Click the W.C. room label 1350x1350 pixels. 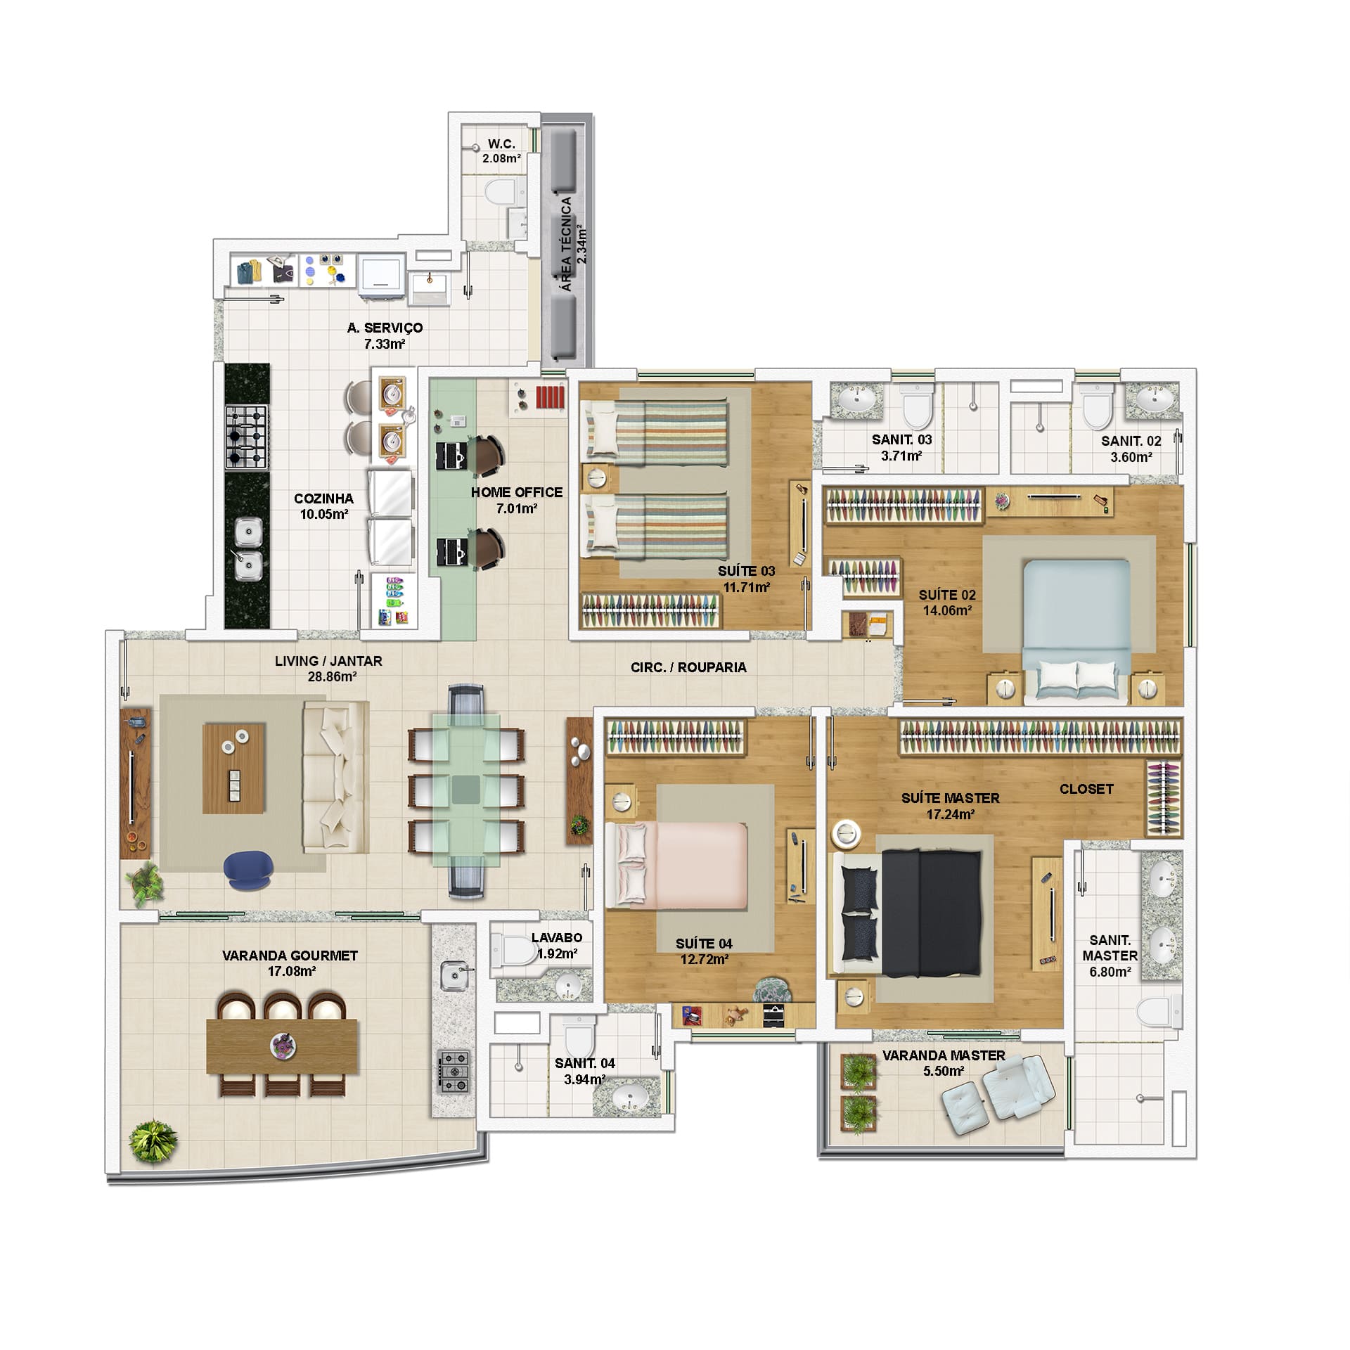point(501,144)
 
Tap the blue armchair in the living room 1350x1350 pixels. point(247,870)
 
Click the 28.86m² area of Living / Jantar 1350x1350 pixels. point(328,676)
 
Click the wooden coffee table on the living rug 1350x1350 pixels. point(234,769)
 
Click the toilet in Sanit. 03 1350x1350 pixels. point(915,404)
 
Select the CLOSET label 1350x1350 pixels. point(1086,789)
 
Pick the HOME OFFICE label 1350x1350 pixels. point(517,492)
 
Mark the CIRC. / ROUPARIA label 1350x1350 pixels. point(688,667)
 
